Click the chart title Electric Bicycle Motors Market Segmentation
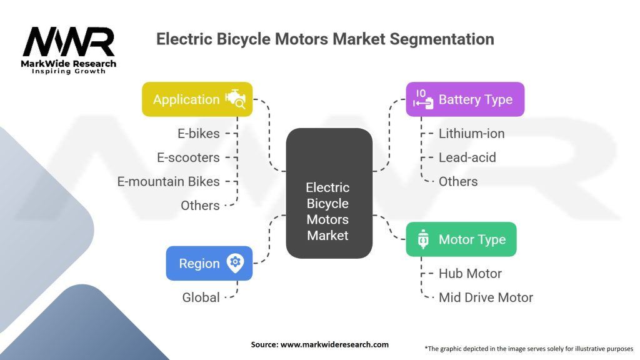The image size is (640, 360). coord(325,39)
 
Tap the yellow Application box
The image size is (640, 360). coord(197,99)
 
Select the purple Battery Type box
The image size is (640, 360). coord(465,99)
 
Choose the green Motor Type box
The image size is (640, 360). coord(461,239)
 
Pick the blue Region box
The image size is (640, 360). coord(209,263)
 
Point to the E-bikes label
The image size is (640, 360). coord(199,133)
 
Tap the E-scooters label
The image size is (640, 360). coord(188,157)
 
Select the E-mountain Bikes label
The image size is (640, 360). coord(169,181)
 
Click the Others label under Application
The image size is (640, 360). coord(200,205)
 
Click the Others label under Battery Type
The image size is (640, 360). coord(458,181)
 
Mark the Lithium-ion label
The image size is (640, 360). coord(471,133)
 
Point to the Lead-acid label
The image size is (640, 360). coord(467,157)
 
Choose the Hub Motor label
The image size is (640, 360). coord(470,273)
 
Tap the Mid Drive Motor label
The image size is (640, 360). coord(486,297)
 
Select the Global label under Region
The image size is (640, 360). coord(201,297)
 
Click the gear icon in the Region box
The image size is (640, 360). coord(235,262)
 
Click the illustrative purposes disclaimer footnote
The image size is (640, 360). coord(529,348)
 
